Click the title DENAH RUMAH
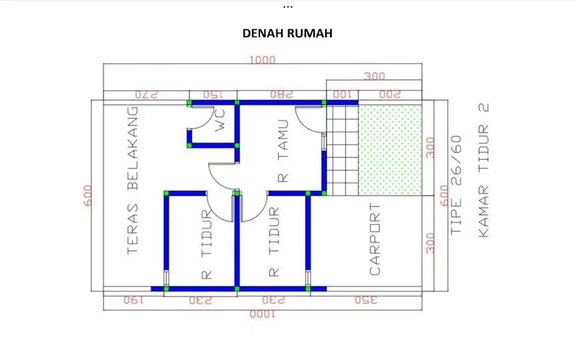point(288,34)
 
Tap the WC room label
point(220,122)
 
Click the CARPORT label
point(375,239)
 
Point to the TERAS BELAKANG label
point(132,180)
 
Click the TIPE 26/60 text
point(456,184)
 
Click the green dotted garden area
point(390,149)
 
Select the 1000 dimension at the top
point(262,59)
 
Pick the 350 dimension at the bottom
point(366,300)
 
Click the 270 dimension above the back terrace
point(146,94)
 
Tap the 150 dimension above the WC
point(213,94)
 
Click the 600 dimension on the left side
point(88,196)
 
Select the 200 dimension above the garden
point(389,94)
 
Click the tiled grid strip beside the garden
point(342,149)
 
